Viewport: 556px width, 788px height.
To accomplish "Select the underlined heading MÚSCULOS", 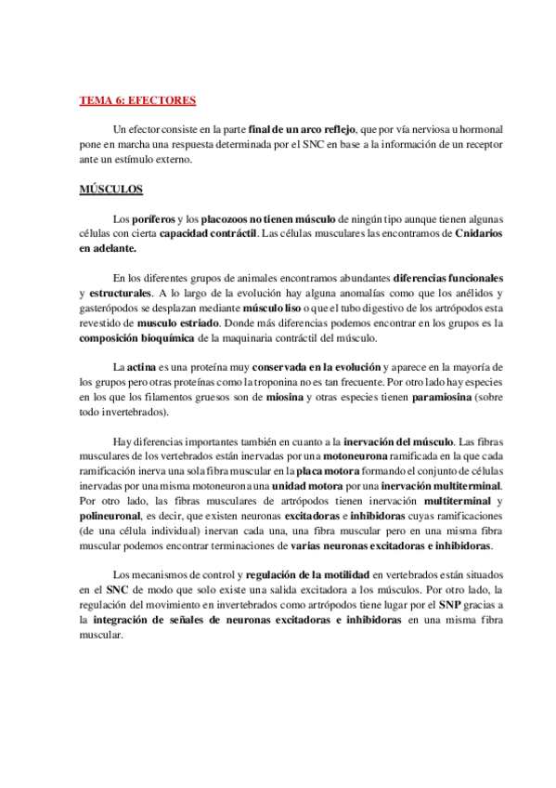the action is click(x=110, y=190).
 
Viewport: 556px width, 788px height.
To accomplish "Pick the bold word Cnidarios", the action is click(x=479, y=233).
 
